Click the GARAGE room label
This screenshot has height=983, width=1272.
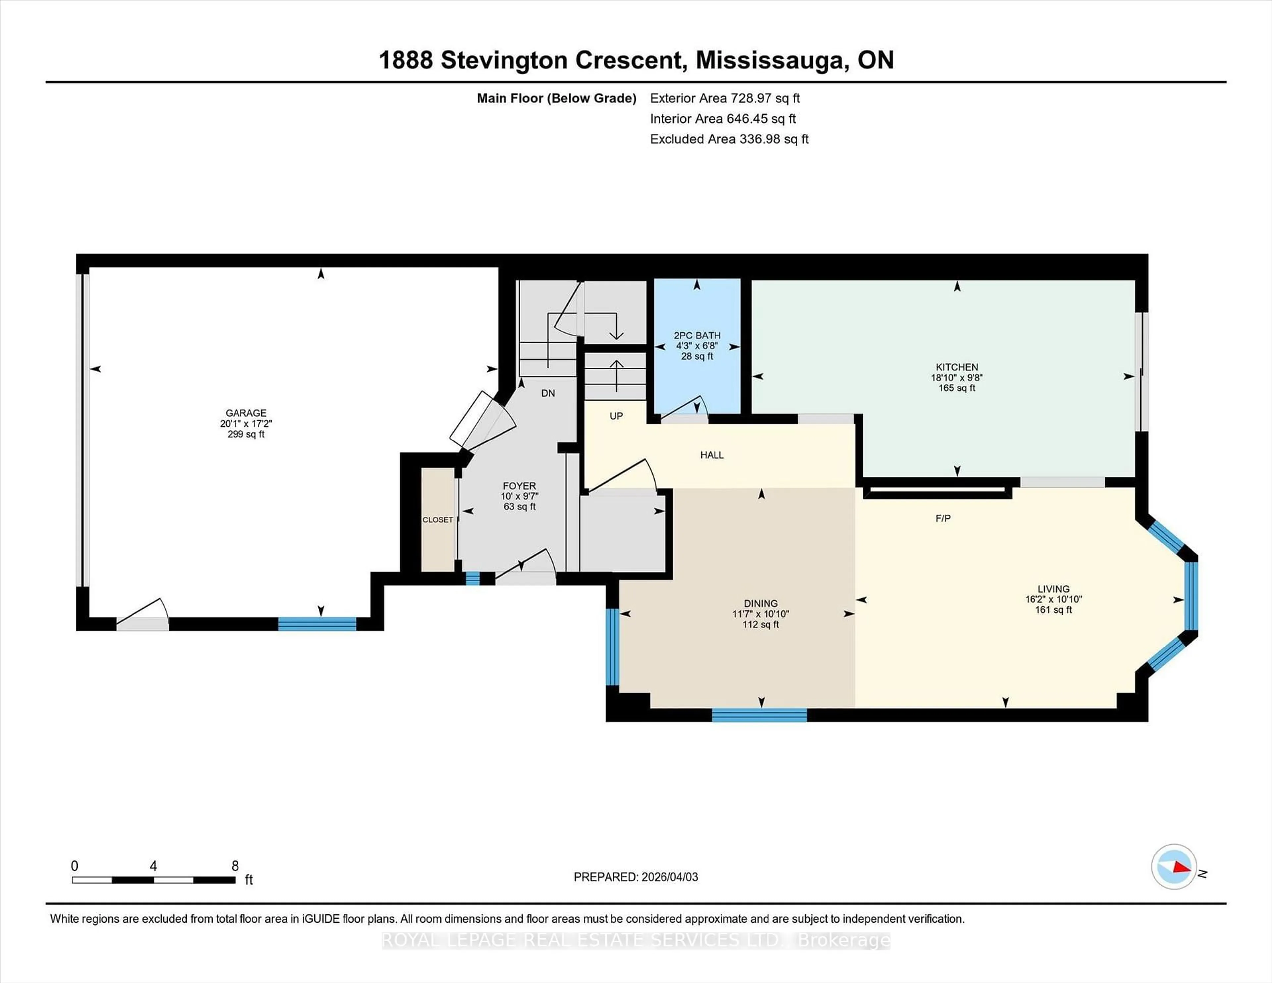pyautogui.click(x=246, y=413)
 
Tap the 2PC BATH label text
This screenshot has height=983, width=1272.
pyautogui.click(x=697, y=336)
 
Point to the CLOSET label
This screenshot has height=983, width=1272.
pyautogui.click(x=437, y=519)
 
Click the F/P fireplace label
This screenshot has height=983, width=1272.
pyautogui.click(x=943, y=518)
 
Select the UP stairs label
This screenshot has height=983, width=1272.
pyautogui.click(x=616, y=416)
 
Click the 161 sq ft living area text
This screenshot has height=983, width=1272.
pyautogui.click(x=1053, y=610)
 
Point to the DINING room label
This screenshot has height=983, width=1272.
pyautogui.click(x=761, y=603)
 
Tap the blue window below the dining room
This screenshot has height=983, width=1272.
pyautogui.click(x=760, y=715)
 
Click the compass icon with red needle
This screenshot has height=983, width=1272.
pyautogui.click(x=1174, y=866)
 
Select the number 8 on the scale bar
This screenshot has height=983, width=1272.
pyautogui.click(x=235, y=866)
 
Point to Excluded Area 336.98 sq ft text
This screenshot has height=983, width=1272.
pyautogui.click(x=729, y=139)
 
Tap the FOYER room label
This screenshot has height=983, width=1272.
pyautogui.click(x=519, y=486)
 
